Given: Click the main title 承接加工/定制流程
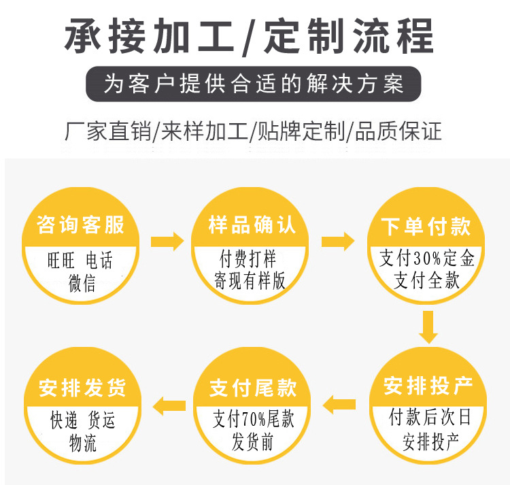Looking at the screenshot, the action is pyautogui.click(x=249, y=36).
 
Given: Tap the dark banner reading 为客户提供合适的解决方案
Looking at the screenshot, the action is pyautogui.click(x=254, y=84).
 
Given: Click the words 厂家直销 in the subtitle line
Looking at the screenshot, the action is pyautogui.click(x=108, y=132).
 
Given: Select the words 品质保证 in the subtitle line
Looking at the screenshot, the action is pyautogui.click(x=398, y=132).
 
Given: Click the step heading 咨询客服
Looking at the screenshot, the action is pyautogui.click(x=80, y=224).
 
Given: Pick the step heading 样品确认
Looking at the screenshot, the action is pyautogui.click(x=252, y=224).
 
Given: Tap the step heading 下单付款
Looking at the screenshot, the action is pyautogui.click(x=426, y=226).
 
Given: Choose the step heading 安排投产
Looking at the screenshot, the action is pyautogui.click(x=428, y=386).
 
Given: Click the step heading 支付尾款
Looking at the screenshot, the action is pyautogui.click(x=253, y=388).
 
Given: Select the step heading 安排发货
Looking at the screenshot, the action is pyautogui.click(x=82, y=388).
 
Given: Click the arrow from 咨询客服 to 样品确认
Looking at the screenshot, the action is pyautogui.click(x=167, y=241).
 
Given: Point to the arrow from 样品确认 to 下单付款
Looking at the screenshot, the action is pyautogui.click(x=338, y=241).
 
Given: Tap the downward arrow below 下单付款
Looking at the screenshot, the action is pyautogui.click(x=428, y=327).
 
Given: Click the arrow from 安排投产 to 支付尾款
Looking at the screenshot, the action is pyautogui.click(x=339, y=404).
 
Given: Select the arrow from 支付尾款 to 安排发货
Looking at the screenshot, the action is pyautogui.click(x=169, y=405).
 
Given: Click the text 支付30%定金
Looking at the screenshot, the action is pyautogui.click(x=427, y=258).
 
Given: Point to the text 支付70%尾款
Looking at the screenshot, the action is pyautogui.click(x=254, y=418).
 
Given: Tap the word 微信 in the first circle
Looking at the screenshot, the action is pyautogui.click(x=82, y=283).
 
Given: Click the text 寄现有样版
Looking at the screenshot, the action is pyautogui.click(x=250, y=280).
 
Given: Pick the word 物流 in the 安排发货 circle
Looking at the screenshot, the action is pyautogui.click(x=83, y=443).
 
